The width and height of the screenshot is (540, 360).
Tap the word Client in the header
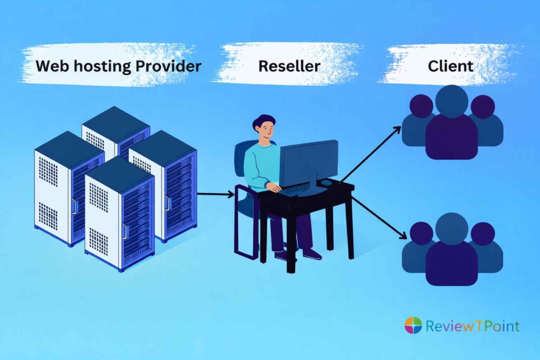point(450,67)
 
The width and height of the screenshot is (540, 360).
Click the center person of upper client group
point(452,124)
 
